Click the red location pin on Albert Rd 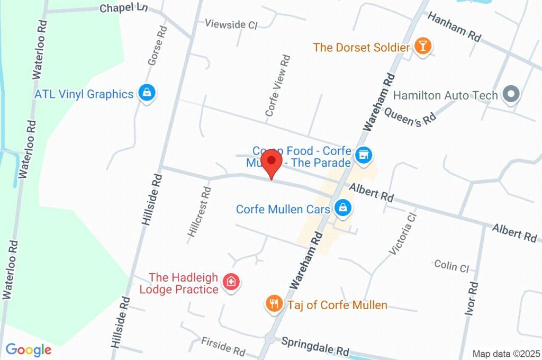click(272, 161)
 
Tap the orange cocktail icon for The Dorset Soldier click(422, 47)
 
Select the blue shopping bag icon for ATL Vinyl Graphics click(146, 93)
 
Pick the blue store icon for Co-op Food click(363, 155)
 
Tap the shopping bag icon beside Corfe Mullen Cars click(343, 208)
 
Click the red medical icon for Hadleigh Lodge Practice click(231, 281)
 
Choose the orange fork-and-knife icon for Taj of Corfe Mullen click(273, 304)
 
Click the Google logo click(28, 349)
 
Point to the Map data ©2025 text click(506, 354)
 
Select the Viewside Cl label click(231, 24)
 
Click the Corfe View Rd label click(278, 85)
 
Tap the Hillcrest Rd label click(200, 211)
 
